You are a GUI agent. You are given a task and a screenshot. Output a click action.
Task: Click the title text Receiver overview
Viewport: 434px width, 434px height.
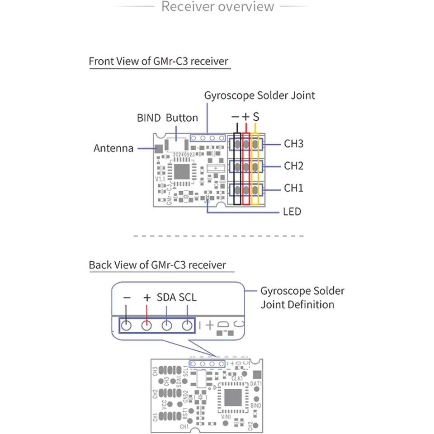click(217, 7)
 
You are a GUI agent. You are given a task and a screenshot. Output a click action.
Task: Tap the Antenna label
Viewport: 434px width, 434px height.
click(113, 148)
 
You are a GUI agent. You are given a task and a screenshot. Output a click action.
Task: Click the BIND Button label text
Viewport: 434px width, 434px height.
click(167, 118)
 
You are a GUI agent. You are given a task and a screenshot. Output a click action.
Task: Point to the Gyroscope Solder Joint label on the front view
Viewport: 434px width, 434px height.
click(259, 95)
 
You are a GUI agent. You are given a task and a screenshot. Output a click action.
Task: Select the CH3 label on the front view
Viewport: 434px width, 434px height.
click(293, 144)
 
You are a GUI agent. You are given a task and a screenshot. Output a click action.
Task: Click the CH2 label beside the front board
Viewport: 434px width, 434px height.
click(293, 166)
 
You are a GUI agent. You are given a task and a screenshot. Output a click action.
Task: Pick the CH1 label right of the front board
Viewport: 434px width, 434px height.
click(293, 188)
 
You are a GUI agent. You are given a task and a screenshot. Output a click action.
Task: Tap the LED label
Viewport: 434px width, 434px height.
click(292, 212)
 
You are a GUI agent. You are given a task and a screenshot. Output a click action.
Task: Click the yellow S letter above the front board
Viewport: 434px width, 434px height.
click(256, 117)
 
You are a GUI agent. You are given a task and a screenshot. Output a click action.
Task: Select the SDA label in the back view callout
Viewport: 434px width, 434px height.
click(166, 298)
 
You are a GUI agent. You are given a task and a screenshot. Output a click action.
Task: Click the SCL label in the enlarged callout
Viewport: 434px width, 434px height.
click(188, 298)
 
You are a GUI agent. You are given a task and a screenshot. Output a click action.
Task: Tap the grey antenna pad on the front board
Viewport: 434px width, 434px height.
click(159, 148)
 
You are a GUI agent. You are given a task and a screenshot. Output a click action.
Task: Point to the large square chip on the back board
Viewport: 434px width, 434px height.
click(233, 398)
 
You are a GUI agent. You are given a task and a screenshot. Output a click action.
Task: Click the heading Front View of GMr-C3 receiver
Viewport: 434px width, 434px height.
click(159, 61)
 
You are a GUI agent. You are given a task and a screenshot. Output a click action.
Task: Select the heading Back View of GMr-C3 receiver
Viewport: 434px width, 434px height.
click(157, 265)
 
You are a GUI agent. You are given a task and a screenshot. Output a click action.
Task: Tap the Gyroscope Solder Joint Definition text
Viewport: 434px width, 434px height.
click(302, 297)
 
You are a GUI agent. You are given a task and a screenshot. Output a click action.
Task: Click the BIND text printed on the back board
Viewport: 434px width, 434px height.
click(255, 406)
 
